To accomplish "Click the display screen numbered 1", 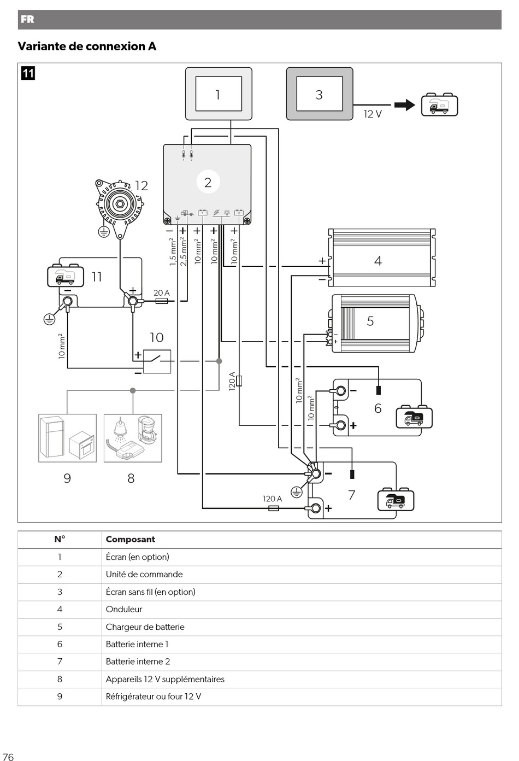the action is (219, 94).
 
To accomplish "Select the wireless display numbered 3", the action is (320, 94).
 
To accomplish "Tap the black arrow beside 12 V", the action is (405, 105).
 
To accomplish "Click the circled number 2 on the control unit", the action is (208, 182).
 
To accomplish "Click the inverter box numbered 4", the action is (382, 257).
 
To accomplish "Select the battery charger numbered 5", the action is (376, 323).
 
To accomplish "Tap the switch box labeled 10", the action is (157, 361).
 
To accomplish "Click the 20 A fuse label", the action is (162, 292).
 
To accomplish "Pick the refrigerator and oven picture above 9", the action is (68, 438).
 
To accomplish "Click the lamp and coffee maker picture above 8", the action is (133, 438).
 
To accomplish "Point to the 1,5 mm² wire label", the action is (173, 251).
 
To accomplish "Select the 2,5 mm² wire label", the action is (184, 251).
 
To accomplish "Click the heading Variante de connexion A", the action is (87, 46).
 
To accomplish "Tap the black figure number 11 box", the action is (28, 73).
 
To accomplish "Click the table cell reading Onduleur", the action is (124, 609).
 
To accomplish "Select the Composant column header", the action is (131, 539).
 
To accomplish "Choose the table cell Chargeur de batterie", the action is (145, 627).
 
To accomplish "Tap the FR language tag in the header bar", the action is (27, 19).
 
